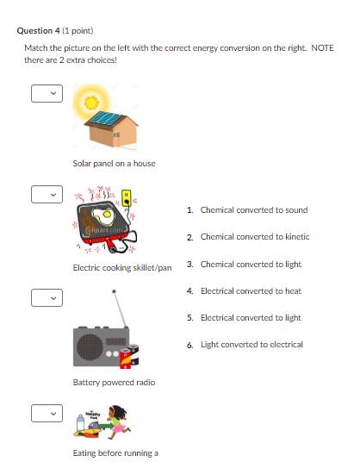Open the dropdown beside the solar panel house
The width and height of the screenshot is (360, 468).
click(x=47, y=93)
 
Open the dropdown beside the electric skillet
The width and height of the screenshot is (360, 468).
click(x=47, y=196)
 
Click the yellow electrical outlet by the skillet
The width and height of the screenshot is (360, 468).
click(x=127, y=199)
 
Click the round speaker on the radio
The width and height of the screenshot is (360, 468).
click(x=90, y=346)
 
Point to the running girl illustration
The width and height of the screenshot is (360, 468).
click(x=117, y=421)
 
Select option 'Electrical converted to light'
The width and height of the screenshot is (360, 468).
click(x=251, y=317)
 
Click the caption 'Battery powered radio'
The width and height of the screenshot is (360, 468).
click(x=114, y=382)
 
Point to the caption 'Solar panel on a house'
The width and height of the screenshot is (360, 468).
click(x=114, y=163)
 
